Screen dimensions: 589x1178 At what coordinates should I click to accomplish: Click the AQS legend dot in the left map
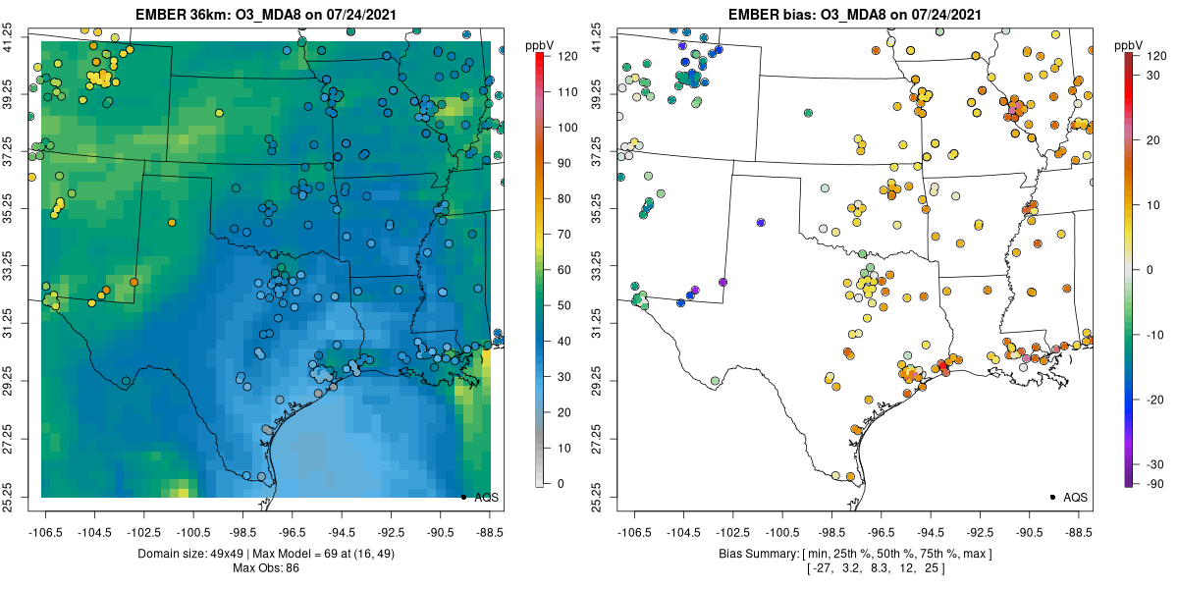point(462,497)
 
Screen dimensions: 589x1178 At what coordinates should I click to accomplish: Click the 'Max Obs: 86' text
point(264,568)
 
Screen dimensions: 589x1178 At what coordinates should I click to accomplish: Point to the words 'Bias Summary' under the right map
point(751,555)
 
